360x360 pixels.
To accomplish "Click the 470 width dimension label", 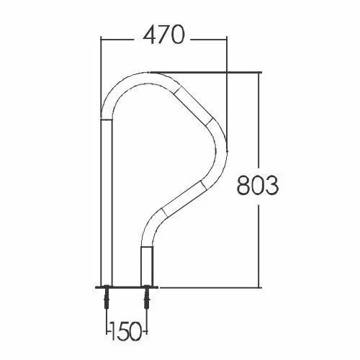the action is [164, 35].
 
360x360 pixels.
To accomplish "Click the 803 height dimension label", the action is [258, 185].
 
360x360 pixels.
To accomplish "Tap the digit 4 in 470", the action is [150, 35].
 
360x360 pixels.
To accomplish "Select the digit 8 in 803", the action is [243, 185].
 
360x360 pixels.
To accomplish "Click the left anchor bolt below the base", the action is [107, 297].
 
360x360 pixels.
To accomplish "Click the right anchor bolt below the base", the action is [146, 297].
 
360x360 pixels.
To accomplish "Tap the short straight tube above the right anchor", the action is [146, 266].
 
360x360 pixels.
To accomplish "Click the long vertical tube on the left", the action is [107, 203].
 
